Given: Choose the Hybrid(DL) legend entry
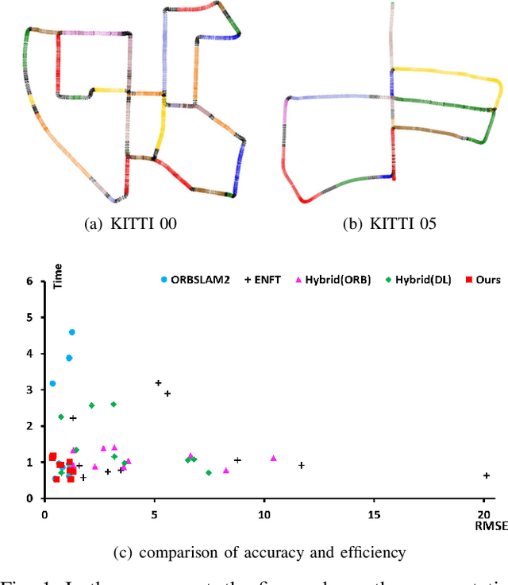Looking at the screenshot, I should pyautogui.click(x=418, y=280).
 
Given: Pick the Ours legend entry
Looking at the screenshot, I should pyautogui.click(x=482, y=280).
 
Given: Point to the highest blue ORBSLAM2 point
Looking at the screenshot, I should pyautogui.click(x=72, y=332).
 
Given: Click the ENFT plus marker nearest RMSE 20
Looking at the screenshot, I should pyautogui.click(x=486, y=475).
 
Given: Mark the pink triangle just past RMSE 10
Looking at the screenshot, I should pyautogui.click(x=273, y=458).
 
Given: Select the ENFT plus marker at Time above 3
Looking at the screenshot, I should pyautogui.click(x=158, y=383).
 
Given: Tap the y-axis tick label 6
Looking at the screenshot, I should pyautogui.click(x=30, y=281).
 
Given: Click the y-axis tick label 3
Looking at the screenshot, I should pyautogui.click(x=30, y=389).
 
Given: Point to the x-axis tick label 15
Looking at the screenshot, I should pyautogui.click(x=373, y=515).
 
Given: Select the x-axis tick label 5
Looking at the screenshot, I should pyautogui.click(x=154, y=515).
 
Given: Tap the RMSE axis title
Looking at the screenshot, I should pyautogui.click(x=486, y=525).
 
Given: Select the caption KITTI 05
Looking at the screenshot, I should pyautogui.click(x=388, y=225).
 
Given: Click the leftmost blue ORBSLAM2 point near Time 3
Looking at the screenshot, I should pyautogui.click(x=52, y=383).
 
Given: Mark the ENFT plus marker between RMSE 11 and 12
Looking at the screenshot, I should pyautogui.click(x=302, y=465).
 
